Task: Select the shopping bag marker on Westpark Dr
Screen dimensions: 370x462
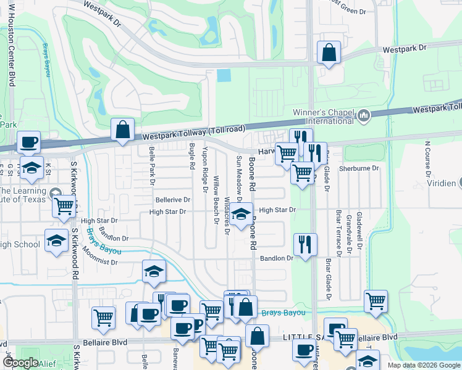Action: (x=329, y=53)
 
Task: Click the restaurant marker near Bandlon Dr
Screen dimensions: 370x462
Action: (x=305, y=245)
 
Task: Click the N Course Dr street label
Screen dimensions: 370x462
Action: (x=427, y=159)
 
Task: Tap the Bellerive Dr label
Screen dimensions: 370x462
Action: (x=172, y=200)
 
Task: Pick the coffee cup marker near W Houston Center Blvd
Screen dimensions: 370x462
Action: (x=28, y=143)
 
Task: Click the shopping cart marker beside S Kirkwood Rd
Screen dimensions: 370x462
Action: (x=64, y=208)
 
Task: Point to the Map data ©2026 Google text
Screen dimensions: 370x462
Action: (x=423, y=365)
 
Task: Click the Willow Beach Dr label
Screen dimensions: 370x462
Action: (x=217, y=199)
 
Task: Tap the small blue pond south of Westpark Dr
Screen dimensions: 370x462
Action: (x=223, y=76)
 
